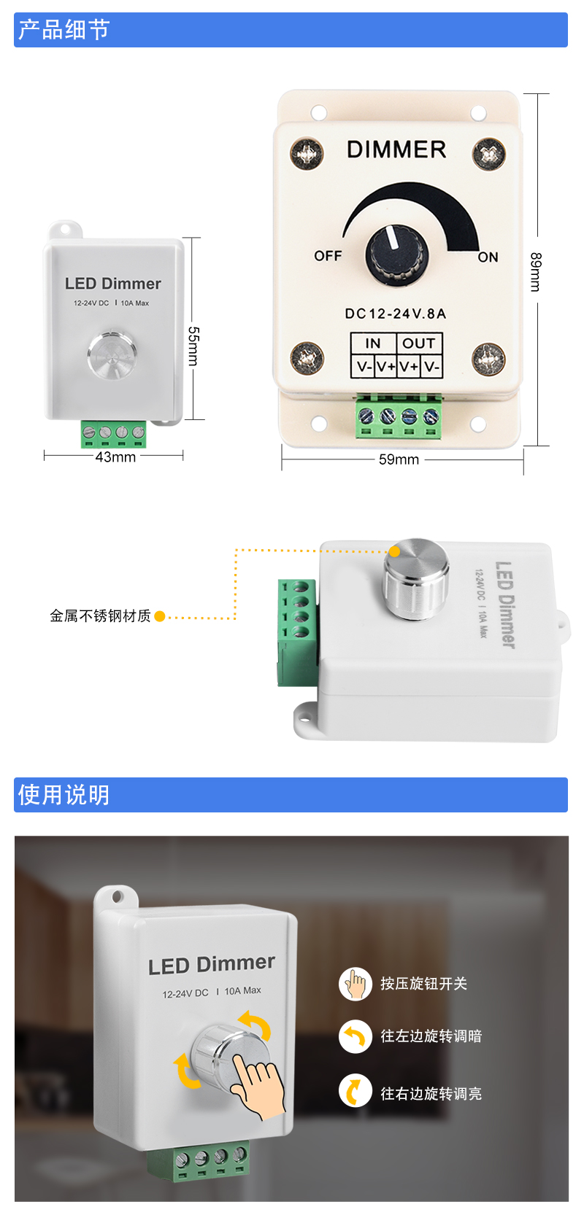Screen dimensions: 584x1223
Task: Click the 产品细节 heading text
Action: [x=64, y=29]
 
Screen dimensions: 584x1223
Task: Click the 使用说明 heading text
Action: [x=64, y=794]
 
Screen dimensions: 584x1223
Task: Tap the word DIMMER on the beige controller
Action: [x=396, y=149]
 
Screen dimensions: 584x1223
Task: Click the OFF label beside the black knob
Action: [x=328, y=255]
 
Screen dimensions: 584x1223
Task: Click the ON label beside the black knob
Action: [x=488, y=257]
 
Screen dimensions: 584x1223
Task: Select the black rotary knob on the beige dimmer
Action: [x=396, y=255]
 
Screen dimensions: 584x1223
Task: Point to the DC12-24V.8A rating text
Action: [x=396, y=314]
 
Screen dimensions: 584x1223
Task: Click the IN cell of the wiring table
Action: [x=373, y=343]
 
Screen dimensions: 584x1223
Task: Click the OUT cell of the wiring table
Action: [x=419, y=343]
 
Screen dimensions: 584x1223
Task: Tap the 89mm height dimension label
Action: [x=536, y=272]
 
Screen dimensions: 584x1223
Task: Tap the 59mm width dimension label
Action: [x=399, y=459]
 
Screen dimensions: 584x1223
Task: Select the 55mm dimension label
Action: [x=193, y=346]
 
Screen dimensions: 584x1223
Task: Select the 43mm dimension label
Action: [x=115, y=457]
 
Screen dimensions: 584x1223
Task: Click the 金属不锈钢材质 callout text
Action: [x=100, y=616]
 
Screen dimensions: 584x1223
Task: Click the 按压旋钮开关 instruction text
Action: [x=424, y=984]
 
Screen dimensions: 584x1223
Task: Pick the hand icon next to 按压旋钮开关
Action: [x=355, y=984]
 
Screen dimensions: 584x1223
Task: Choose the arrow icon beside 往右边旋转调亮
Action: [x=355, y=1090]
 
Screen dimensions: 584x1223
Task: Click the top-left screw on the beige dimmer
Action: [x=307, y=153]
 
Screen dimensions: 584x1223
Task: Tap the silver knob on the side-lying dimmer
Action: [x=416, y=580]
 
